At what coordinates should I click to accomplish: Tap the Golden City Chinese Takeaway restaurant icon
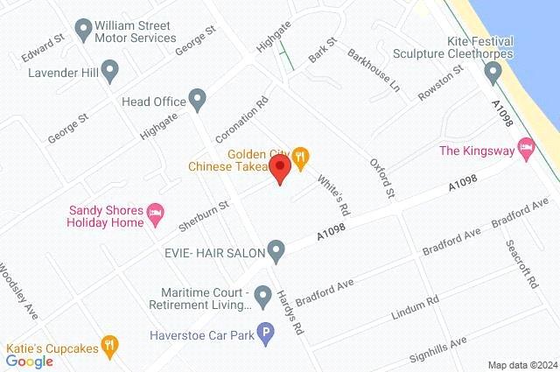[300, 158]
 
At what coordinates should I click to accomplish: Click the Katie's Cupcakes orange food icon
[109, 345]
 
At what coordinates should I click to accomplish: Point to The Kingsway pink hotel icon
[526, 150]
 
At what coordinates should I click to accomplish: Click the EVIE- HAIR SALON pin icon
[276, 252]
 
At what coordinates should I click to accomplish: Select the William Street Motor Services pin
[84, 31]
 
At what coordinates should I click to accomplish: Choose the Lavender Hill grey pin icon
[109, 70]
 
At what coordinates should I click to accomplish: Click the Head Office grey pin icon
[198, 101]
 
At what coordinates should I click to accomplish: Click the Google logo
[30, 361]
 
